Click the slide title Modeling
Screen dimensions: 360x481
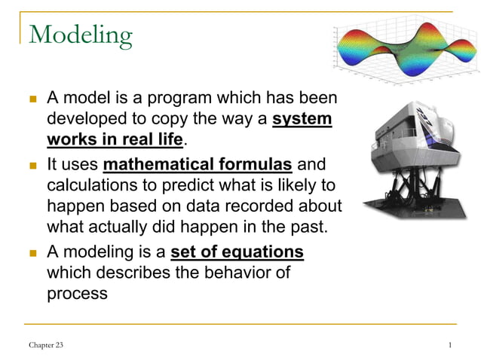(80, 34)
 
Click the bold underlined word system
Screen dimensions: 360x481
(302, 120)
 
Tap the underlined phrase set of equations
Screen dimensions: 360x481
(237, 252)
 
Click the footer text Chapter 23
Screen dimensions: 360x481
(46, 344)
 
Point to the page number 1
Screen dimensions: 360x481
(449, 344)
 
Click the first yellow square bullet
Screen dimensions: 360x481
(32, 99)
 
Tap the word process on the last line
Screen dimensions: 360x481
(77, 293)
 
